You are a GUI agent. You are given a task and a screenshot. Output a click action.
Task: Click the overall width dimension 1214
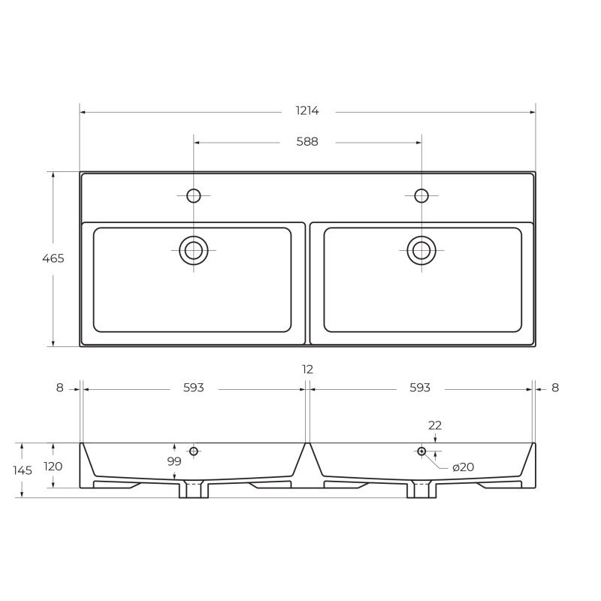(x=307, y=110)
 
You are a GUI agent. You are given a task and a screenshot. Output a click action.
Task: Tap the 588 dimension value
(x=307, y=142)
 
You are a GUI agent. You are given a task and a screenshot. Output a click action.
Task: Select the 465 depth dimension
(x=53, y=258)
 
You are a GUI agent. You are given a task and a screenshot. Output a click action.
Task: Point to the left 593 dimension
(x=193, y=388)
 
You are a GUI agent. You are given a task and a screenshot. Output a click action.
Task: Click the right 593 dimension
(x=420, y=388)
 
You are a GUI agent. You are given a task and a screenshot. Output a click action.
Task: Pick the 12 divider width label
(x=307, y=370)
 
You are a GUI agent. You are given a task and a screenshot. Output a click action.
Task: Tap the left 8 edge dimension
(x=60, y=388)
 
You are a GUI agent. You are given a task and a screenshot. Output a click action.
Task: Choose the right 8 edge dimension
(x=555, y=388)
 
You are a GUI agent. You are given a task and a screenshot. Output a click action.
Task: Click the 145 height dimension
(x=23, y=470)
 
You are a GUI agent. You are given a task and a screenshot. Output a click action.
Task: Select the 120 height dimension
(x=53, y=467)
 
